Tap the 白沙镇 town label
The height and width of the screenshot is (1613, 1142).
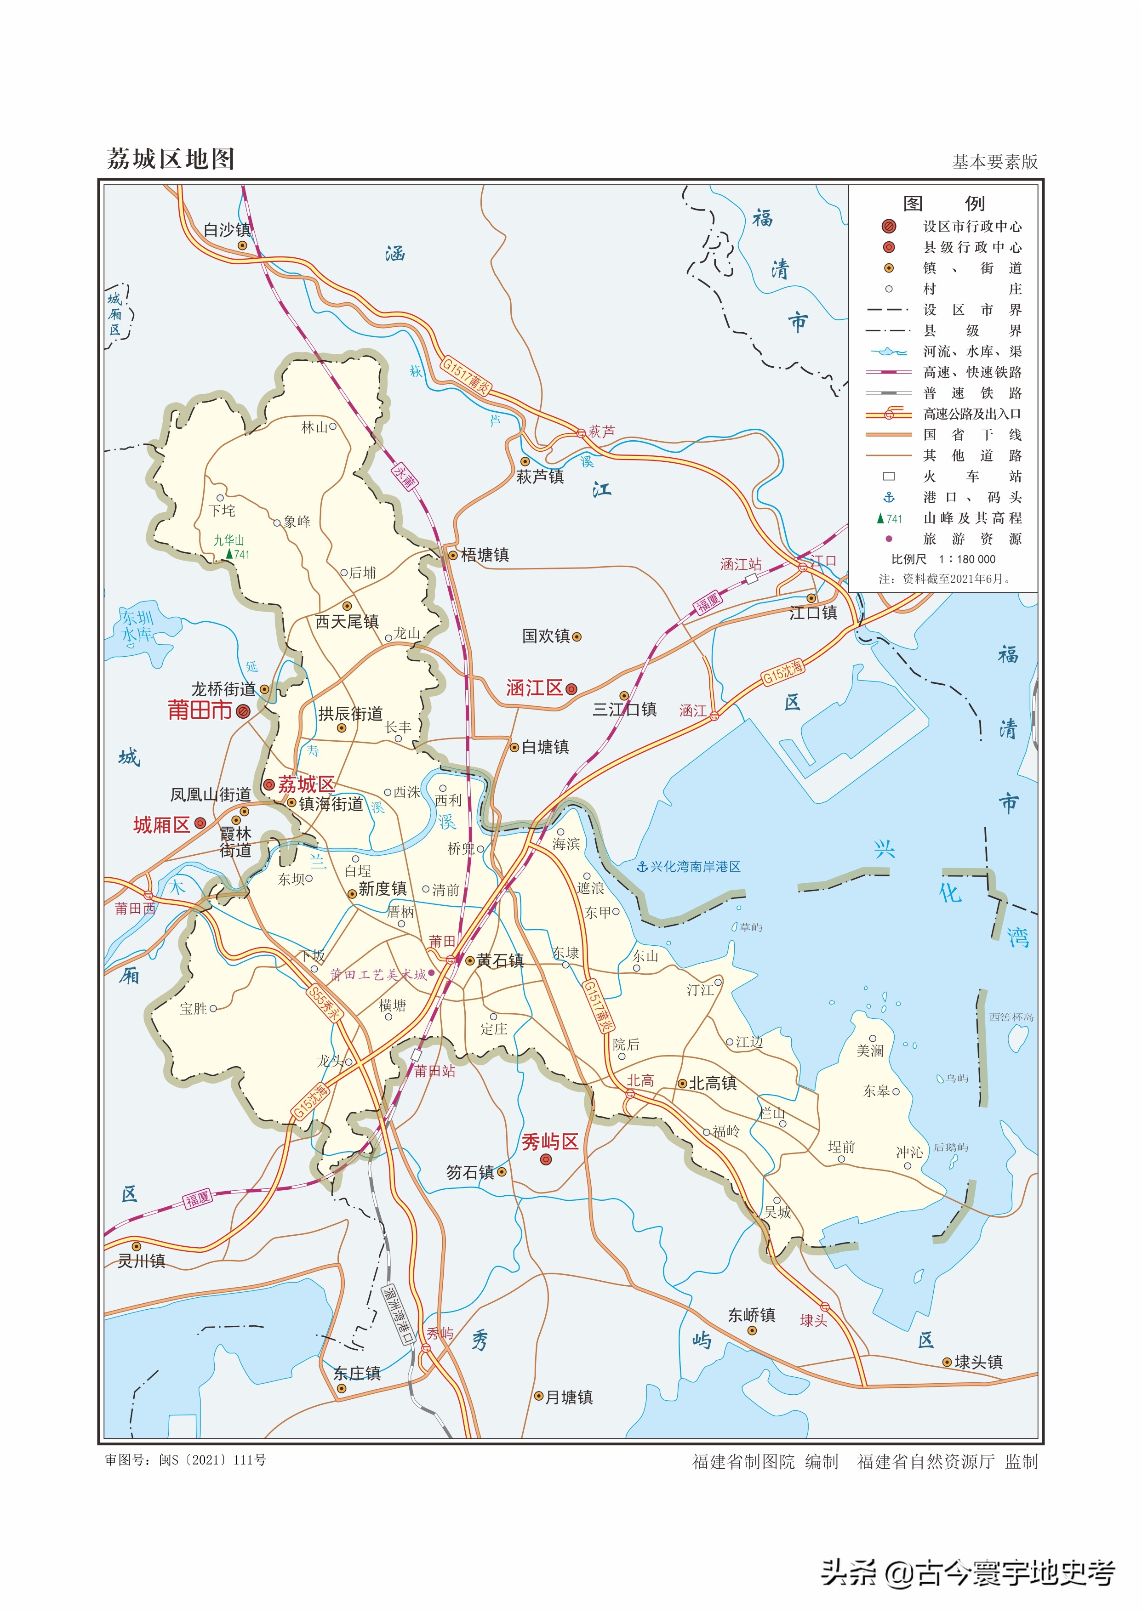[227, 230]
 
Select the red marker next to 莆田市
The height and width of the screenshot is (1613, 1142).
[243, 711]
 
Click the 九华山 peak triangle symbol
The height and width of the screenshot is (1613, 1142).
[229, 554]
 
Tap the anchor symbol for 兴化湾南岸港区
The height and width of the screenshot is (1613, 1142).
[641, 867]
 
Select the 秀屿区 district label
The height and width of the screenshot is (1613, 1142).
[549, 1142]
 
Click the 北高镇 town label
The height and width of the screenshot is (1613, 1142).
[712, 1083]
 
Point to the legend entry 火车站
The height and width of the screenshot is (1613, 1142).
[972, 477]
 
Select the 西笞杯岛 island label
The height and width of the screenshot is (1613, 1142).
[1011, 1017]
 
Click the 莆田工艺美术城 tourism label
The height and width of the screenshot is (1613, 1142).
[378, 975]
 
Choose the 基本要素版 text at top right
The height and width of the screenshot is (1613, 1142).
[994, 162]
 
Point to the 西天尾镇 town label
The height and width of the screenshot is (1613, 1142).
[347, 621]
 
